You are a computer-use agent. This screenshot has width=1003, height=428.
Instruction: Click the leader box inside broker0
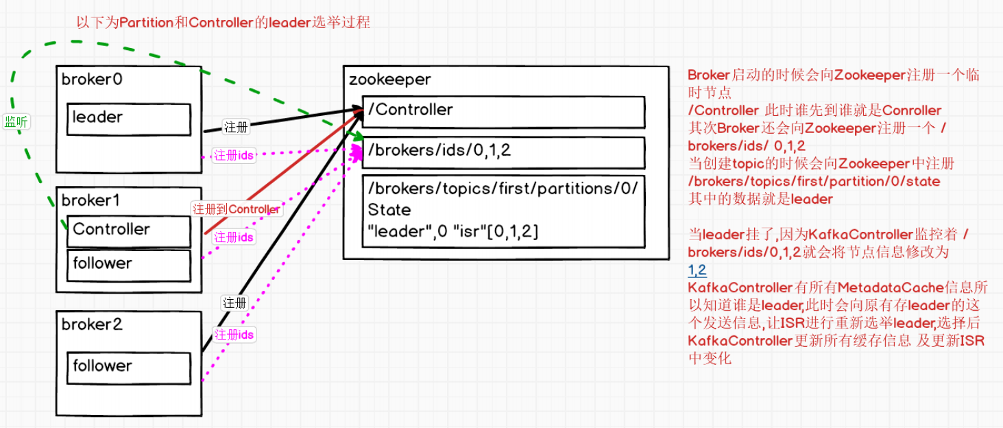(x=129, y=119)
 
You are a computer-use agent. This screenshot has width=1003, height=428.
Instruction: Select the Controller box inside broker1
(x=129, y=231)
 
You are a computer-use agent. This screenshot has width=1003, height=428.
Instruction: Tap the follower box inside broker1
(x=129, y=265)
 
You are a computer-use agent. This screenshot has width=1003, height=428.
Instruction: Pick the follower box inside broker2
(x=129, y=367)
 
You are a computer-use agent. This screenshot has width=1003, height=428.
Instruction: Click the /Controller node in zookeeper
(x=503, y=111)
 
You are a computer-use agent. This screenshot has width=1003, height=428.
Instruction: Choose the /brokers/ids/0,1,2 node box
(x=503, y=152)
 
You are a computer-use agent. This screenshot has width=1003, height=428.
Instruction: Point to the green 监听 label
(x=17, y=122)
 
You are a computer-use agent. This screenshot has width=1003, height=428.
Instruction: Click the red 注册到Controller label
(x=236, y=209)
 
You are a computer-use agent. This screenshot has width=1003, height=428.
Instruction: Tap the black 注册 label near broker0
(x=236, y=127)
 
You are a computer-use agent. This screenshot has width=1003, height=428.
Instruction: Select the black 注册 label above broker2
(x=234, y=302)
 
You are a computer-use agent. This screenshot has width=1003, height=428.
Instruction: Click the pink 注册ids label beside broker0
(x=234, y=156)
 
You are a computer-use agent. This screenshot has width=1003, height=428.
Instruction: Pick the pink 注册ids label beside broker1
(x=234, y=237)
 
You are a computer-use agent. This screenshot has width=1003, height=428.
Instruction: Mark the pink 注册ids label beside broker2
(x=234, y=335)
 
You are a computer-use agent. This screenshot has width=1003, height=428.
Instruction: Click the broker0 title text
(x=92, y=80)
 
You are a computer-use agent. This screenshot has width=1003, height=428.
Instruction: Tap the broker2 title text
(x=92, y=324)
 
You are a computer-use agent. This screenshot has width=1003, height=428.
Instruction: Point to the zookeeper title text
(x=389, y=80)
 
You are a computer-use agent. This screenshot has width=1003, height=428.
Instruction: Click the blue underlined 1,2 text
(x=697, y=270)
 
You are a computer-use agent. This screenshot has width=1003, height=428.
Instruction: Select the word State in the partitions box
(x=389, y=209)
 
